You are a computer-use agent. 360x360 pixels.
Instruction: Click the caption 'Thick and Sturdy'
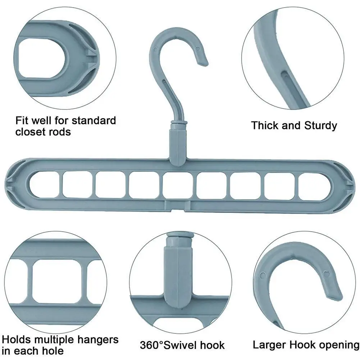[294, 126]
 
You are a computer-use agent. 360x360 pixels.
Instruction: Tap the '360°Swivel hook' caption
[182, 345]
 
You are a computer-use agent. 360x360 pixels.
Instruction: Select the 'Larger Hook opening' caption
[306, 345]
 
